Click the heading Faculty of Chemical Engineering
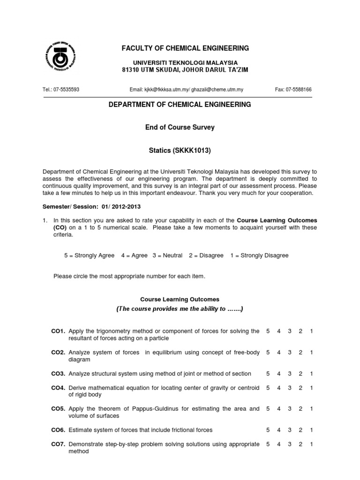pyautogui.click(x=186, y=48)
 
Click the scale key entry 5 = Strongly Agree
pyautogui.click(x=89, y=255)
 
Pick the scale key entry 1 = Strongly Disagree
pyautogui.click(x=259, y=255)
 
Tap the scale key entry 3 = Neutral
pyautogui.click(x=167, y=255)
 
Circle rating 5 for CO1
pyautogui.click(x=268, y=331)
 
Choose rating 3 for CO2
pyautogui.click(x=290, y=352)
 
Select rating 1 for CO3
pyautogui.click(x=312, y=374)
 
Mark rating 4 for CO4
pyautogui.click(x=279, y=388)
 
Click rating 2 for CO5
pyautogui.click(x=300, y=409)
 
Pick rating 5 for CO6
pyautogui.click(x=268, y=430)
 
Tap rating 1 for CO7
pyautogui.click(x=312, y=444)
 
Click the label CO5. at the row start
pyautogui.click(x=58, y=409)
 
